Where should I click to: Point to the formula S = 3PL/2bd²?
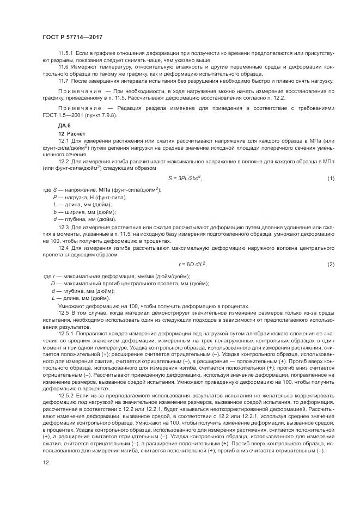(185, 179)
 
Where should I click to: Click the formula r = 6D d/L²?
(192, 264)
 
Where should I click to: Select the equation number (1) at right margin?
(330, 179)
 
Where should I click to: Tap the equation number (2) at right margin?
(330, 264)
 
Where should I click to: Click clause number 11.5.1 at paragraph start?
(66, 53)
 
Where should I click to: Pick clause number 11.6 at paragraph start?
(64, 67)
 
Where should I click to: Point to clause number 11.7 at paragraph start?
(64, 81)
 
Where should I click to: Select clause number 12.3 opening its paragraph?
(64, 226)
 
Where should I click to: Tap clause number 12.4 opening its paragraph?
(64, 248)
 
